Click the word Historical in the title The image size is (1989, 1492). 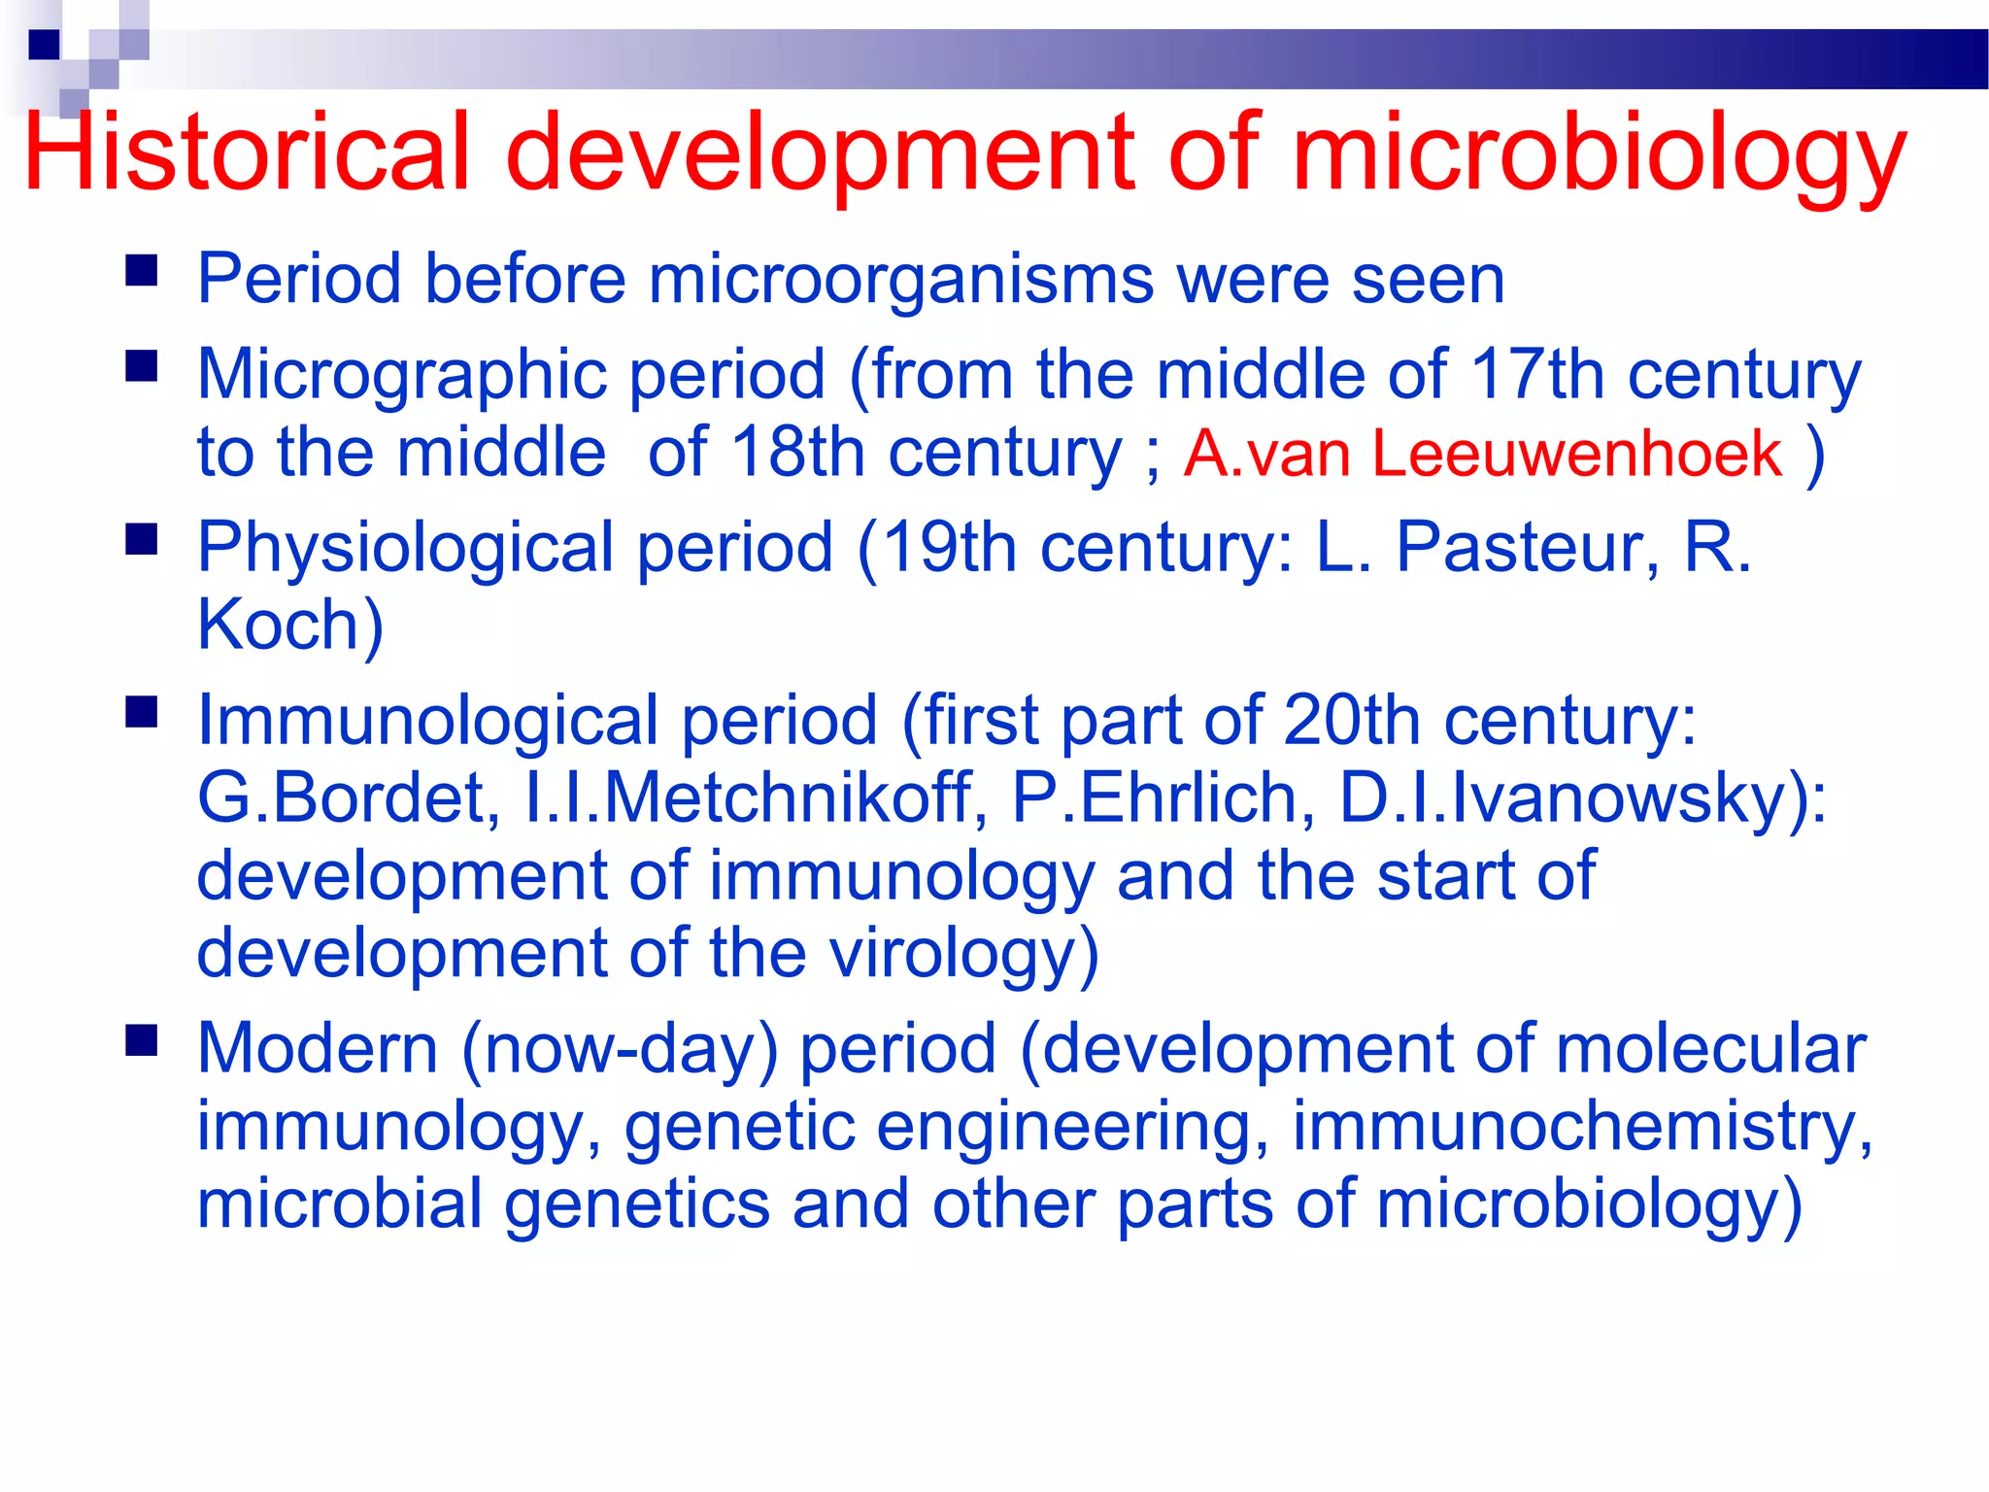pyautogui.click(x=248, y=153)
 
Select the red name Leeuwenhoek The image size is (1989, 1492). pyautogui.click(x=1577, y=454)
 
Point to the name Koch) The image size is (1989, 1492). pyautogui.click(x=290, y=625)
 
